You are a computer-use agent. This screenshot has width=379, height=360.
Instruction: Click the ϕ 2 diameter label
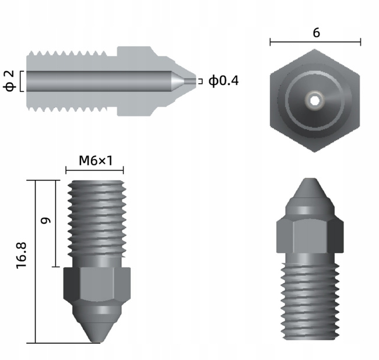click(x=9, y=81)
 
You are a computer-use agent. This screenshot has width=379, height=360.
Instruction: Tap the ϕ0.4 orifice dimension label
click(x=224, y=81)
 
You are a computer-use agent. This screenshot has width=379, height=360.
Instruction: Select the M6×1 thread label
click(x=95, y=160)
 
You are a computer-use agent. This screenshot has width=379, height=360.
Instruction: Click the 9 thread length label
click(x=46, y=221)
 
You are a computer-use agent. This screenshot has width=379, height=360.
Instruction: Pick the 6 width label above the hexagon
click(x=316, y=33)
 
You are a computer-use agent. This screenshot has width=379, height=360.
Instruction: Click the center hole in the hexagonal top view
click(x=315, y=101)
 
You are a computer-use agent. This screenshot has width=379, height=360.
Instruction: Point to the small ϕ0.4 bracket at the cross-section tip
click(x=201, y=81)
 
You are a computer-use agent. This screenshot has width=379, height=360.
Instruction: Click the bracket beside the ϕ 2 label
click(x=22, y=81)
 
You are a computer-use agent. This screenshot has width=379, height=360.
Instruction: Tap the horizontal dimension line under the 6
click(x=315, y=42)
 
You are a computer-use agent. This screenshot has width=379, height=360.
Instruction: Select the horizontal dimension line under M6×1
click(x=94, y=170)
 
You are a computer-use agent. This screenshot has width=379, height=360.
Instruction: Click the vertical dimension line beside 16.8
click(x=36, y=261)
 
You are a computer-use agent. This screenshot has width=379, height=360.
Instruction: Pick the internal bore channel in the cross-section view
click(x=99, y=81)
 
